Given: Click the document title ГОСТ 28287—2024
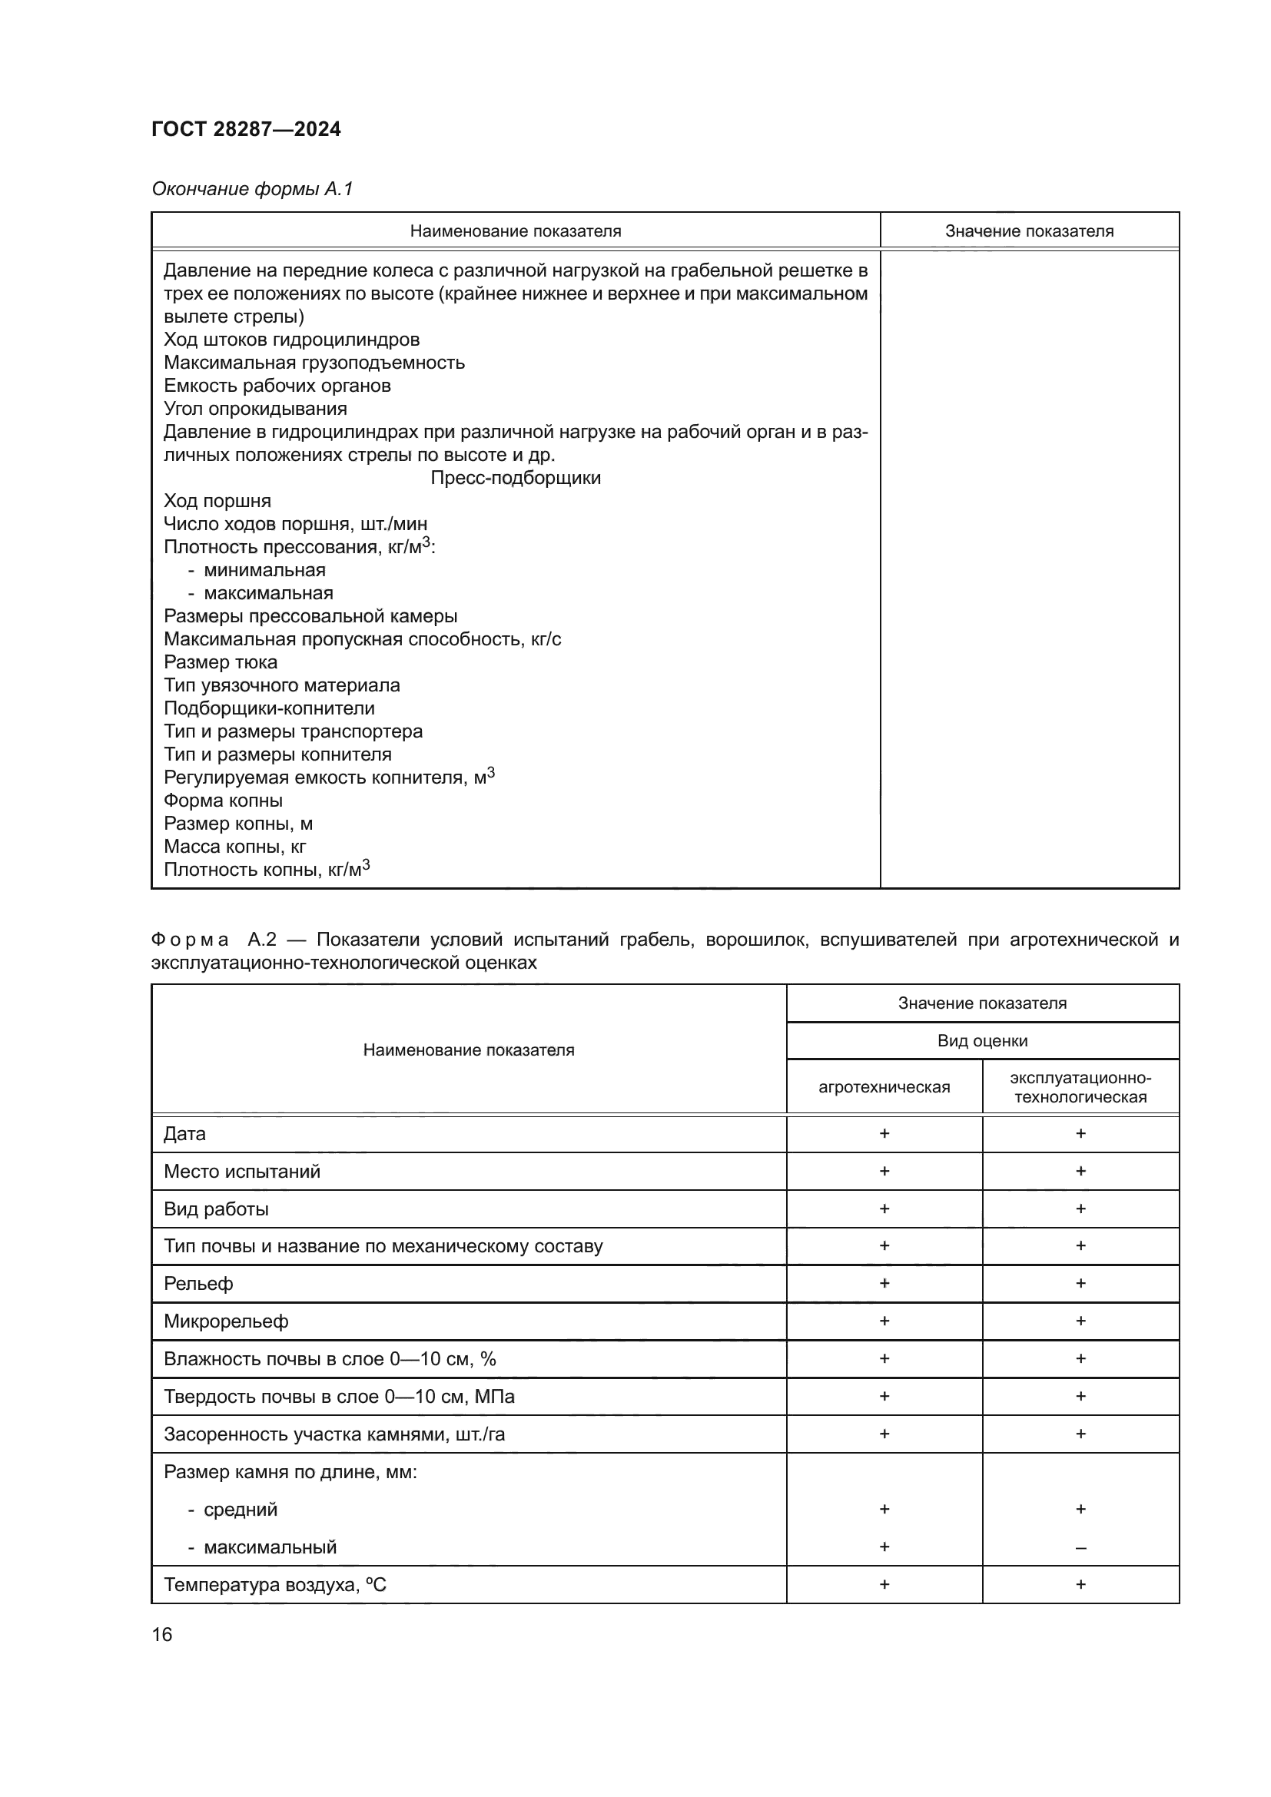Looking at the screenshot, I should pos(246,129).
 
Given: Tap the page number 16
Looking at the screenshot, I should pos(162,1634).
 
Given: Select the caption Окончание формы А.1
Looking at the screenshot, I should pos(252,189).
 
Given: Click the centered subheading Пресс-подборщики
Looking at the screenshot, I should pos(515,477).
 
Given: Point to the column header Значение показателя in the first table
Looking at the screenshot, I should pos(1028,231).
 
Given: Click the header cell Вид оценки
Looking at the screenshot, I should pos(982,1040).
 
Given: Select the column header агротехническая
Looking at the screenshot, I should pos(884,1086).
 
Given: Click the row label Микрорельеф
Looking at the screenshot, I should pos(226,1321).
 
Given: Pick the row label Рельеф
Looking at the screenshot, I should pos(199,1284).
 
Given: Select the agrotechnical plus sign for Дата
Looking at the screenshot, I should pos(884,1133).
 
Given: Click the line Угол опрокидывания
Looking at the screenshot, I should pos(255,409).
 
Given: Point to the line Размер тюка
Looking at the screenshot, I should pos(221,662).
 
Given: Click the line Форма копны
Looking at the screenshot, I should pos(223,801).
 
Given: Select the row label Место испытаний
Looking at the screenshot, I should pos(242,1171).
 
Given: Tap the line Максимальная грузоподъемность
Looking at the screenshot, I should pos(314,363).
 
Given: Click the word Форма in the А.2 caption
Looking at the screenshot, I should pos(190,939).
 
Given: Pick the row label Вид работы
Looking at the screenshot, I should pos(216,1208).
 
